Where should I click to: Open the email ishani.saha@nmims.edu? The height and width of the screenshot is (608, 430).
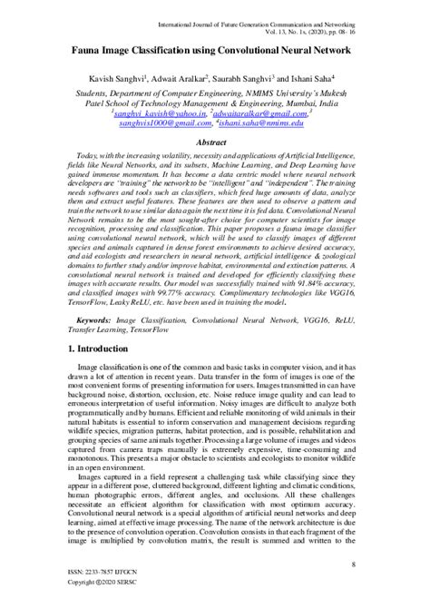point(274,126)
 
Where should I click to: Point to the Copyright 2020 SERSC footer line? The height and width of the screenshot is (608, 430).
point(91,597)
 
